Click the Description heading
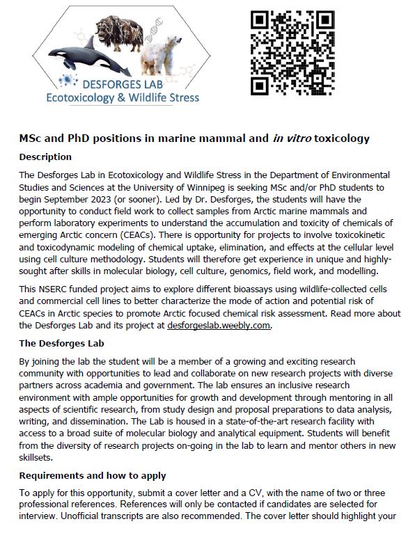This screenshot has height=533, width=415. pyautogui.click(x=45, y=157)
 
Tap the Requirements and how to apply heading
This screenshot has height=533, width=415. pyautogui.click(x=92, y=475)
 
